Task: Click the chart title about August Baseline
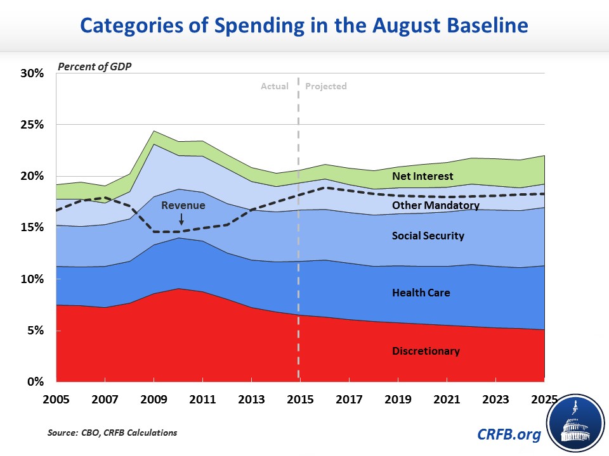pos(304,27)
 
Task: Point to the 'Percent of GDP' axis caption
pos(95,66)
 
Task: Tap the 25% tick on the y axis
pos(31,125)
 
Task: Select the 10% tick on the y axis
pos(31,279)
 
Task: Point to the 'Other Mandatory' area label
pos(436,205)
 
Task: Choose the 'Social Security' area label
pos(428,236)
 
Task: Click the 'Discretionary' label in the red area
pos(426,351)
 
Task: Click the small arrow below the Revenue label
pos(181,219)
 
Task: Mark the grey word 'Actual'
pos(275,86)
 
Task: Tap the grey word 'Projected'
pos(326,86)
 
